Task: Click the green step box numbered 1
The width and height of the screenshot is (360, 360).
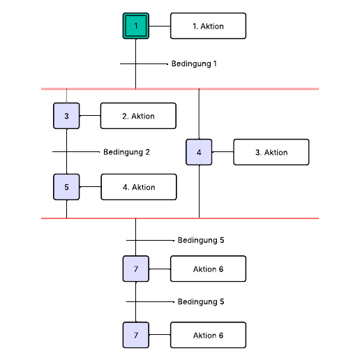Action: click(x=136, y=26)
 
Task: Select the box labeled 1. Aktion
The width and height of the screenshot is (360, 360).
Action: click(x=208, y=26)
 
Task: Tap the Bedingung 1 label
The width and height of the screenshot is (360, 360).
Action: click(x=194, y=63)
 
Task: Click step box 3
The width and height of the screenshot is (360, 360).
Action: click(x=67, y=116)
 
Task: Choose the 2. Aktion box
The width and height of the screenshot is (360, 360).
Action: click(x=138, y=116)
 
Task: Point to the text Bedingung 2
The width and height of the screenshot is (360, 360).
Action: click(x=126, y=151)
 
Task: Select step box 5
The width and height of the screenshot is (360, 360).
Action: click(x=67, y=187)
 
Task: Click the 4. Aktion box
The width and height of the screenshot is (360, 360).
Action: click(x=138, y=187)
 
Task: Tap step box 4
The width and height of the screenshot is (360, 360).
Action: click(x=199, y=152)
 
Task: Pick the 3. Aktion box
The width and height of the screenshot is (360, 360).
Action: click(x=271, y=152)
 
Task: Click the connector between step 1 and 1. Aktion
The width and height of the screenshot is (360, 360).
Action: click(x=160, y=26)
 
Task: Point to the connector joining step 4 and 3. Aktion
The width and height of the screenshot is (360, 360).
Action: click(x=223, y=152)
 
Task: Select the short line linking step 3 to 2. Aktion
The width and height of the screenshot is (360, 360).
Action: click(x=90, y=116)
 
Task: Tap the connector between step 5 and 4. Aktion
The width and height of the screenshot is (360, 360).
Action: click(x=91, y=187)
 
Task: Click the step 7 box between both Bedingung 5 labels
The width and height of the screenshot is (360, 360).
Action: click(x=136, y=269)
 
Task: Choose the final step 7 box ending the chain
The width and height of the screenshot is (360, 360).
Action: click(x=136, y=336)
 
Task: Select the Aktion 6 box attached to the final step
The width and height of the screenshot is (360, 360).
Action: click(x=208, y=336)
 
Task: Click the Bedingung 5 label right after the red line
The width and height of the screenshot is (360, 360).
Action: click(x=201, y=240)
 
